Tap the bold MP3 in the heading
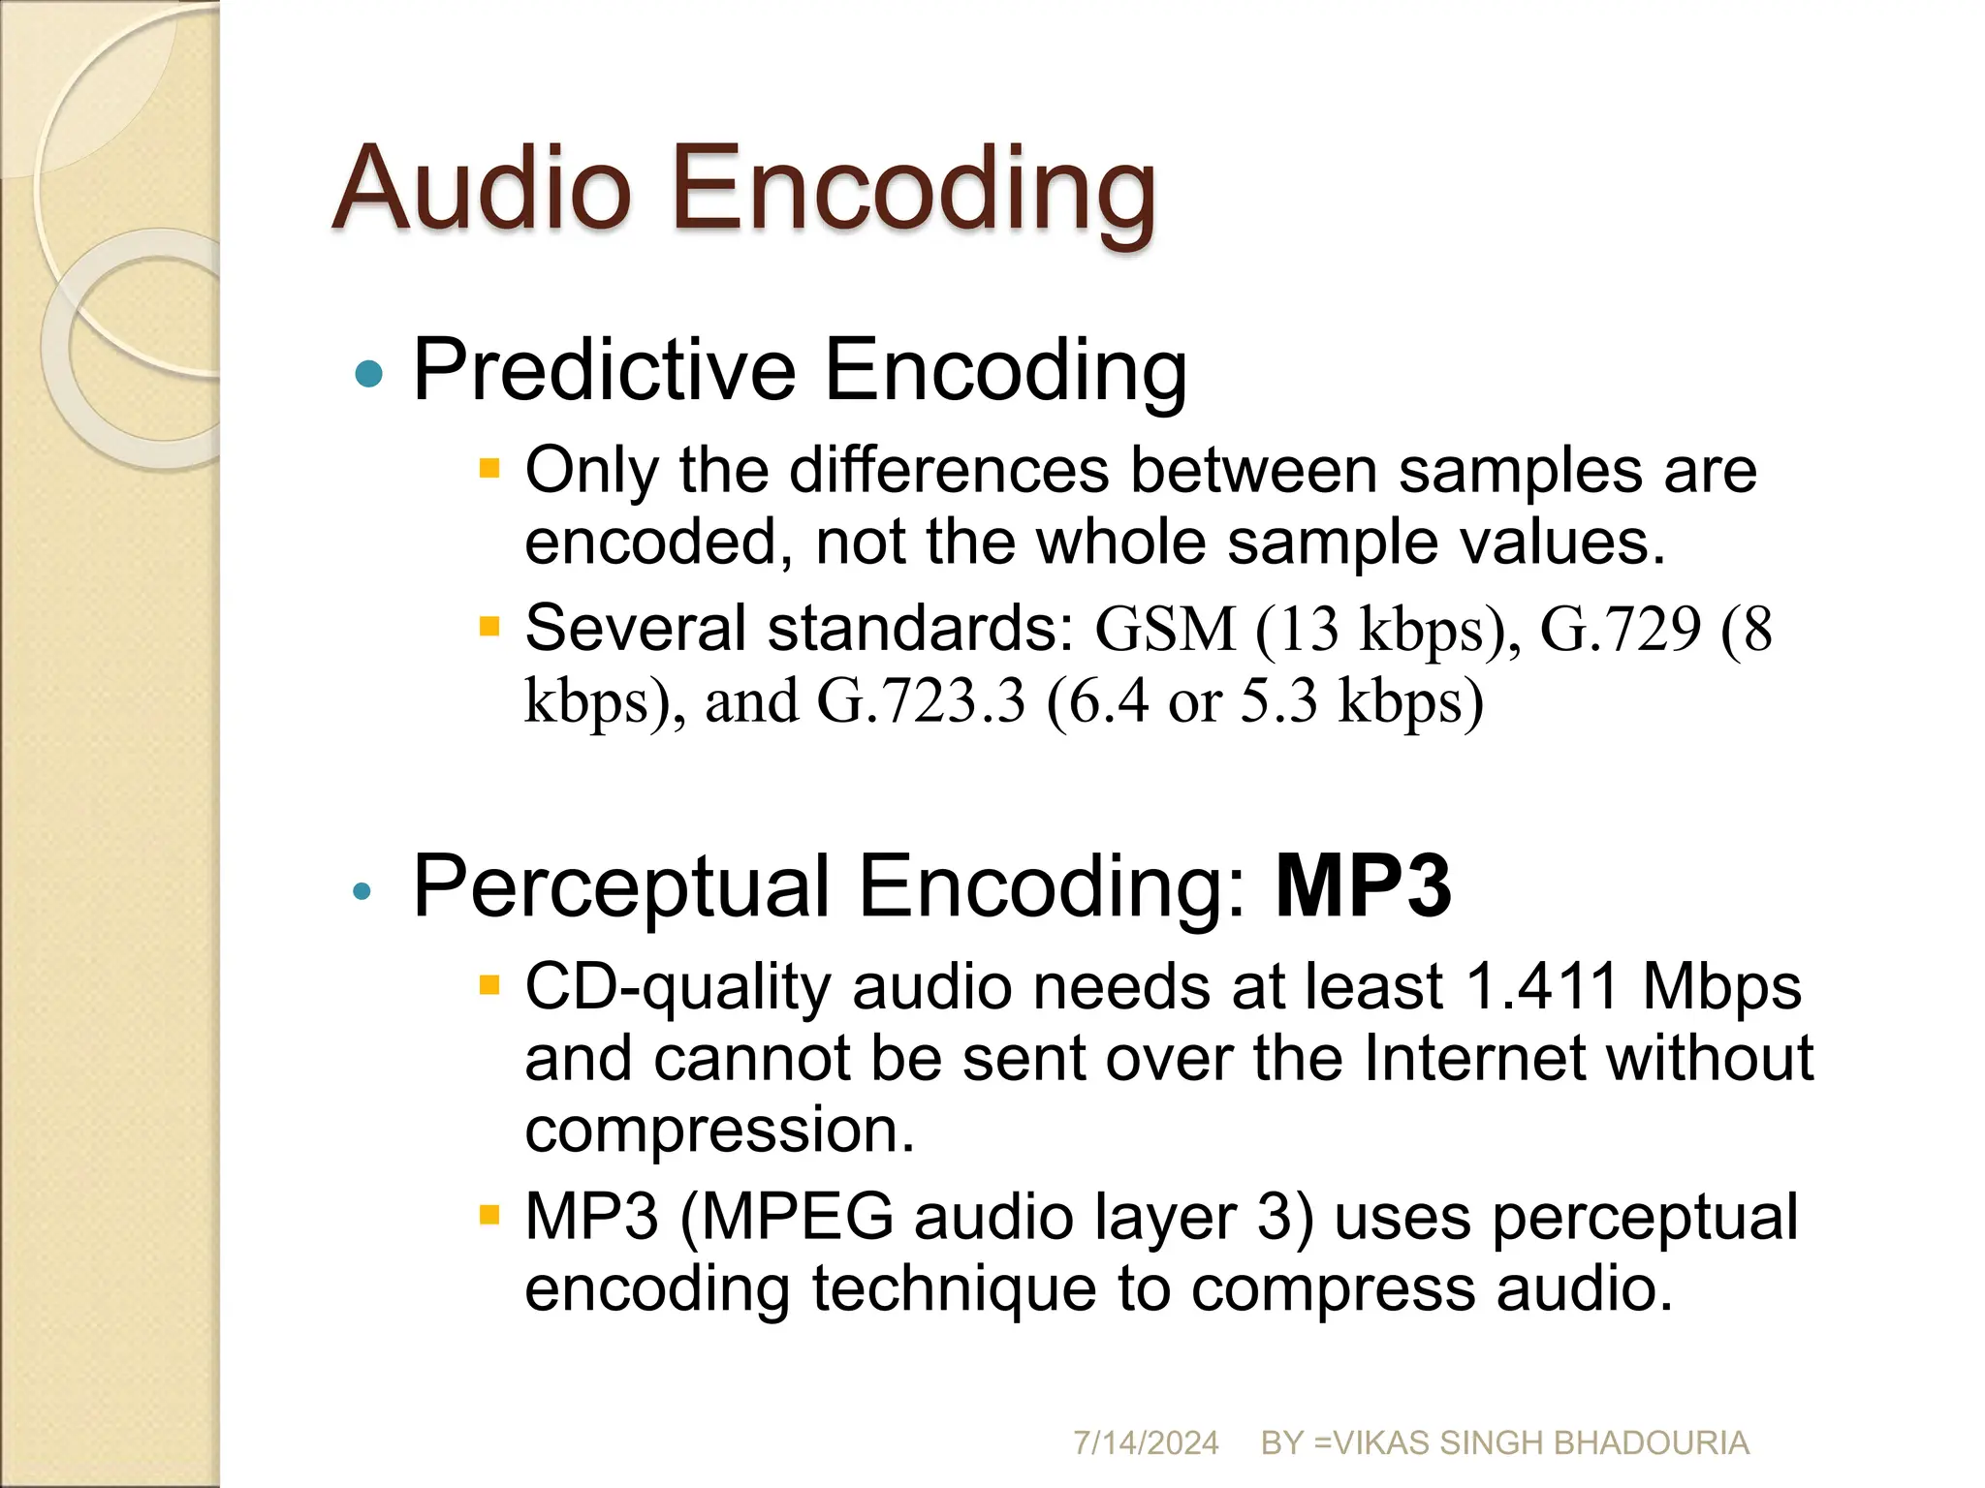(x=1362, y=885)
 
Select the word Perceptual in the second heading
(x=620, y=887)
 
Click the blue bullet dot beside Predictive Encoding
(x=368, y=373)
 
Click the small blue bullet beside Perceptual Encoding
(x=362, y=891)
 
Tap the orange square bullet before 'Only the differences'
(x=489, y=470)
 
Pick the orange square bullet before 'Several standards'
(x=489, y=627)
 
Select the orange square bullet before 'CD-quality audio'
(x=489, y=986)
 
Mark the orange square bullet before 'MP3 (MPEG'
(x=489, y=1215)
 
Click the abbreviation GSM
(x=1165, y=630)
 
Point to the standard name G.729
(x=1620, y=630)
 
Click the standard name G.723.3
(x=921, y=701)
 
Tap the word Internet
(x=1473, y=1058)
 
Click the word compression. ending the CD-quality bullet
(x=719, y=1130)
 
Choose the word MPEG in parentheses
(x=795, y=1217)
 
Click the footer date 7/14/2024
(x=1145, y=1442)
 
